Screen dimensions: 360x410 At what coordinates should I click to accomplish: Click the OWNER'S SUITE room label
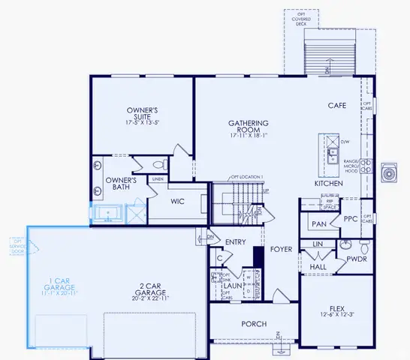tap(140, 113)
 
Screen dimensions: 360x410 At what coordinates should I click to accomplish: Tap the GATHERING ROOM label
tap(249, 124)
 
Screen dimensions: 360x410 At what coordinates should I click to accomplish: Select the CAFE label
tap(336, 106)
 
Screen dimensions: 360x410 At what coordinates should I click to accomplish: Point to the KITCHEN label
tap(328, 184)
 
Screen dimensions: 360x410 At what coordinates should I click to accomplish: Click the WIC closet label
tap(178, 202)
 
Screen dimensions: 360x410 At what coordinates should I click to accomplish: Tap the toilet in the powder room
tap(363, 247)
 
